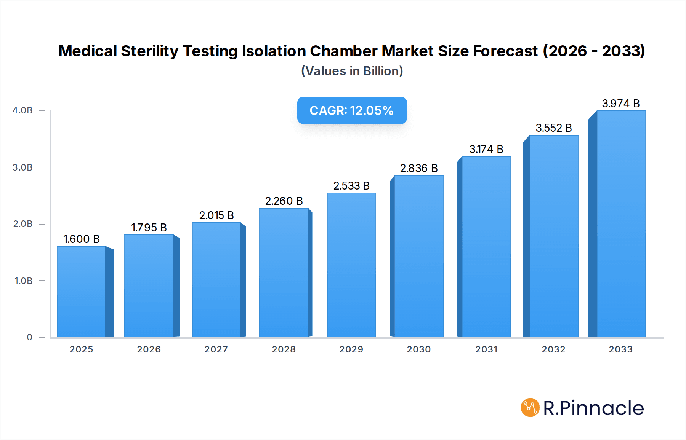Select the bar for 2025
[81, 292]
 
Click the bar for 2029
[351, 265]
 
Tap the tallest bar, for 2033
[620, 224]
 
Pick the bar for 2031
[486, 247]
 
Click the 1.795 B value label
[149, 228]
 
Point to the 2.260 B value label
[284, 201]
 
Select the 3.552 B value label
[554, 128]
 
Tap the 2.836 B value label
[419, 168]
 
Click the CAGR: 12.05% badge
[352, 110]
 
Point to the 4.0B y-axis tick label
[22, 110]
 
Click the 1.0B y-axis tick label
[24, 281]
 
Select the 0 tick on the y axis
[30, 337]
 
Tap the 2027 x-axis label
[216, 349]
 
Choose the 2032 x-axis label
[553, 349]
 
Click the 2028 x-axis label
[284, 349]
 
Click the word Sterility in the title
[149, 51]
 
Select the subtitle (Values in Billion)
[352, 71]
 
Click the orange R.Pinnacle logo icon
[530, 408]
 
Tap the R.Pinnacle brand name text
[593, 408]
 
